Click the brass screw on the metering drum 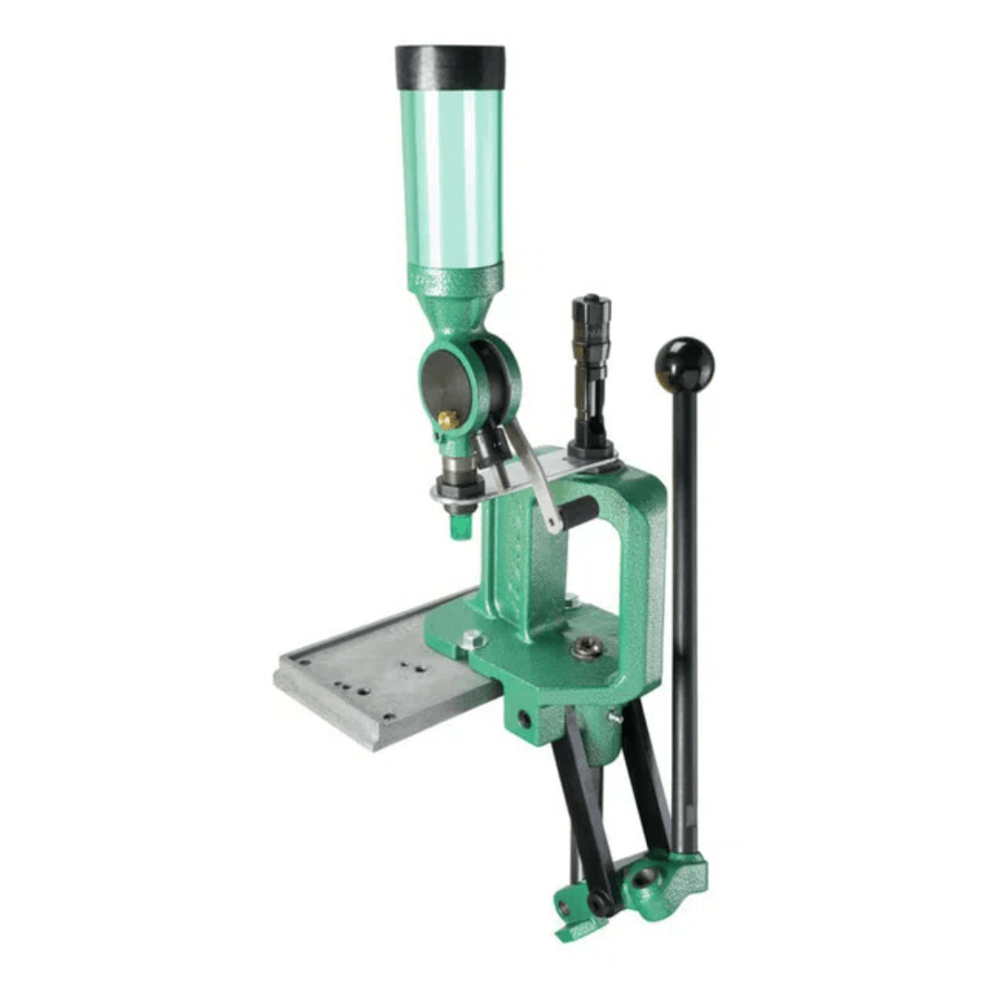click(x=448, y=420)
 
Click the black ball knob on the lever click(x=684, y=362)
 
